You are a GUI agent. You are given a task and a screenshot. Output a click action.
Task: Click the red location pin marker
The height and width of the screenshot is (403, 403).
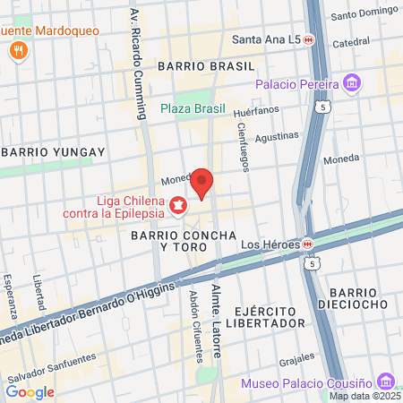pyautogui.click(x=202, y=183)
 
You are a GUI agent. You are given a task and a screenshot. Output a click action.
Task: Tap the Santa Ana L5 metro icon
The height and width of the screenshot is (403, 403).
pyautogui.click(x=308, y=39)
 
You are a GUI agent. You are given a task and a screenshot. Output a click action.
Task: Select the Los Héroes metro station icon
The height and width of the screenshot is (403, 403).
pyautogui.click(x=307, y=243)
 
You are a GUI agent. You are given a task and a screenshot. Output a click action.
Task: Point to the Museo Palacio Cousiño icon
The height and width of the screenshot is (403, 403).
pyautogui.click(x=386, y=380)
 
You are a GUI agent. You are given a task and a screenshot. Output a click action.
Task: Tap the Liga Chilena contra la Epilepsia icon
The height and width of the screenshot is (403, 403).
pyautogui.click(x=178, y=207)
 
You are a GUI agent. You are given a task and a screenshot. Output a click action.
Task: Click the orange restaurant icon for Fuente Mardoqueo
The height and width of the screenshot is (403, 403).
pyautogui.click(x=17, y=51)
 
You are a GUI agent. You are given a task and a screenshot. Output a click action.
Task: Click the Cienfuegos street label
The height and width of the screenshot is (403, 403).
pyautogui.click(x=243, y=146)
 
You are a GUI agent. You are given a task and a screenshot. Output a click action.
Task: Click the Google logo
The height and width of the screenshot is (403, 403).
pyautogui.click(x=30, y=391)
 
